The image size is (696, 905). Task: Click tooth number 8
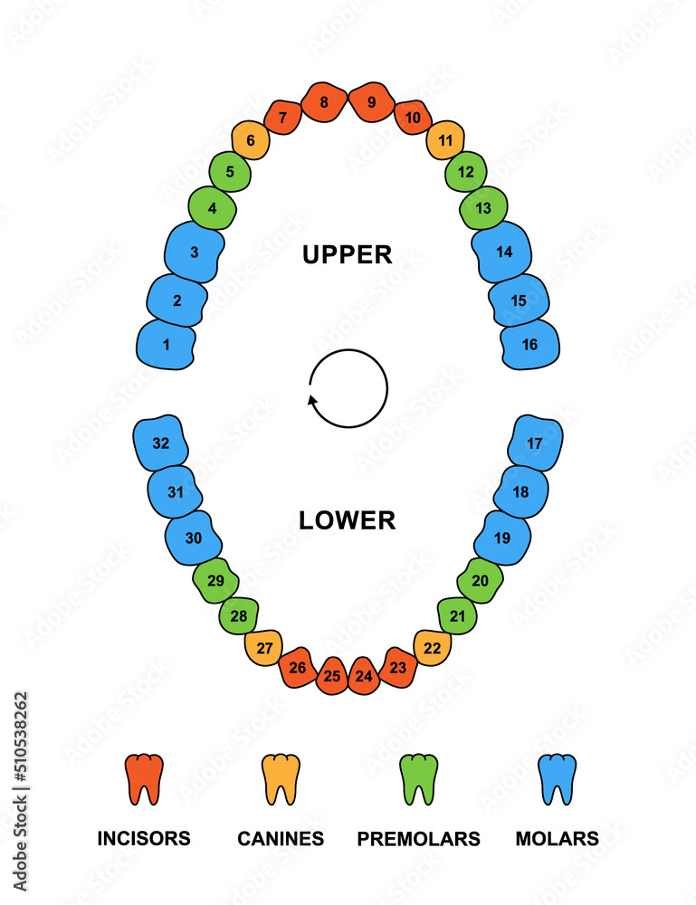[x=323, y=102]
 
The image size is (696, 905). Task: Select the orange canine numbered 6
[x=251, y=140]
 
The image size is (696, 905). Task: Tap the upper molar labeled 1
[x=166, y=344]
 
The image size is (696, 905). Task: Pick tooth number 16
[x=529, y=344]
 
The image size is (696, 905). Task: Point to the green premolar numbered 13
[x=483, y=208]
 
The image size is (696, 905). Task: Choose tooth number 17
[x=535, y=443]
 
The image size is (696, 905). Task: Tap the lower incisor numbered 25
[x=332, y=676]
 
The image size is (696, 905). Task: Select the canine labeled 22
[x=433, y=648]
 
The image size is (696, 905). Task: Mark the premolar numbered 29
[x=215, y=580]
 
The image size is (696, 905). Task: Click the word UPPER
[x=348, y=255]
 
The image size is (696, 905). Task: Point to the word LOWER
[x=348, y=520]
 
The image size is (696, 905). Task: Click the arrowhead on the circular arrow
[x=313, y=399]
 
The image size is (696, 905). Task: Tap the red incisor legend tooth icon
[x=144, y=779]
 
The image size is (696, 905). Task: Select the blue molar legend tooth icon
[x=557, y=779]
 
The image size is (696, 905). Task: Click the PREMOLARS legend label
[x=418, y=839]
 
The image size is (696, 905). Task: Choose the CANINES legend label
[x=281, y=839]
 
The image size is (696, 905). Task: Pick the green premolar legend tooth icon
[x=418, y=779]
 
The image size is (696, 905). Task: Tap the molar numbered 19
[x=502, y=538]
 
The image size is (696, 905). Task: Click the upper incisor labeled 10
[x=413, y=118]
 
